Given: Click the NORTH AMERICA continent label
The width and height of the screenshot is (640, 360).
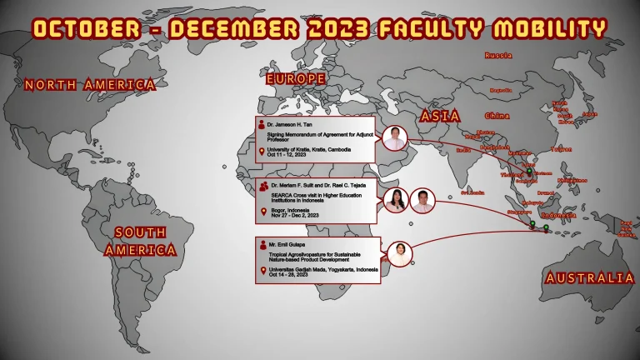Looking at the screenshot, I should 90,84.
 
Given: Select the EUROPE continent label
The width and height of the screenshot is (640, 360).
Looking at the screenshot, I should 295,78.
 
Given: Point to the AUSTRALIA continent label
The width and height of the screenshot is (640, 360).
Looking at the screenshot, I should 589,277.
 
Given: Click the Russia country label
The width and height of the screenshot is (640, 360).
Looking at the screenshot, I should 497,55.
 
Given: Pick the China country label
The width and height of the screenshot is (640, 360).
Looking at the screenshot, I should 497,115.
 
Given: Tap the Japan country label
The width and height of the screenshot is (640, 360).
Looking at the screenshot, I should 590,114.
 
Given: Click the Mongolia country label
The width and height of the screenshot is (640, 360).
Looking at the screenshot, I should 500,90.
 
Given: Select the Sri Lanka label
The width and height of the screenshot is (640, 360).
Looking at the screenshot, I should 472,192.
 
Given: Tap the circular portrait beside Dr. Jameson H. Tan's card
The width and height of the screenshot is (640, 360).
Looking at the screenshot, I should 394,138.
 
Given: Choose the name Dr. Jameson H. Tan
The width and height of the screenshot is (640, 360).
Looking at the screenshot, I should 289,124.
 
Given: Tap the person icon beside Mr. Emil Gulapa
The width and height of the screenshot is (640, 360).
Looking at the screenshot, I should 262,244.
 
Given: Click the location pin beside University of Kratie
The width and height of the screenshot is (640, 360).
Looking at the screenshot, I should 262,152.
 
